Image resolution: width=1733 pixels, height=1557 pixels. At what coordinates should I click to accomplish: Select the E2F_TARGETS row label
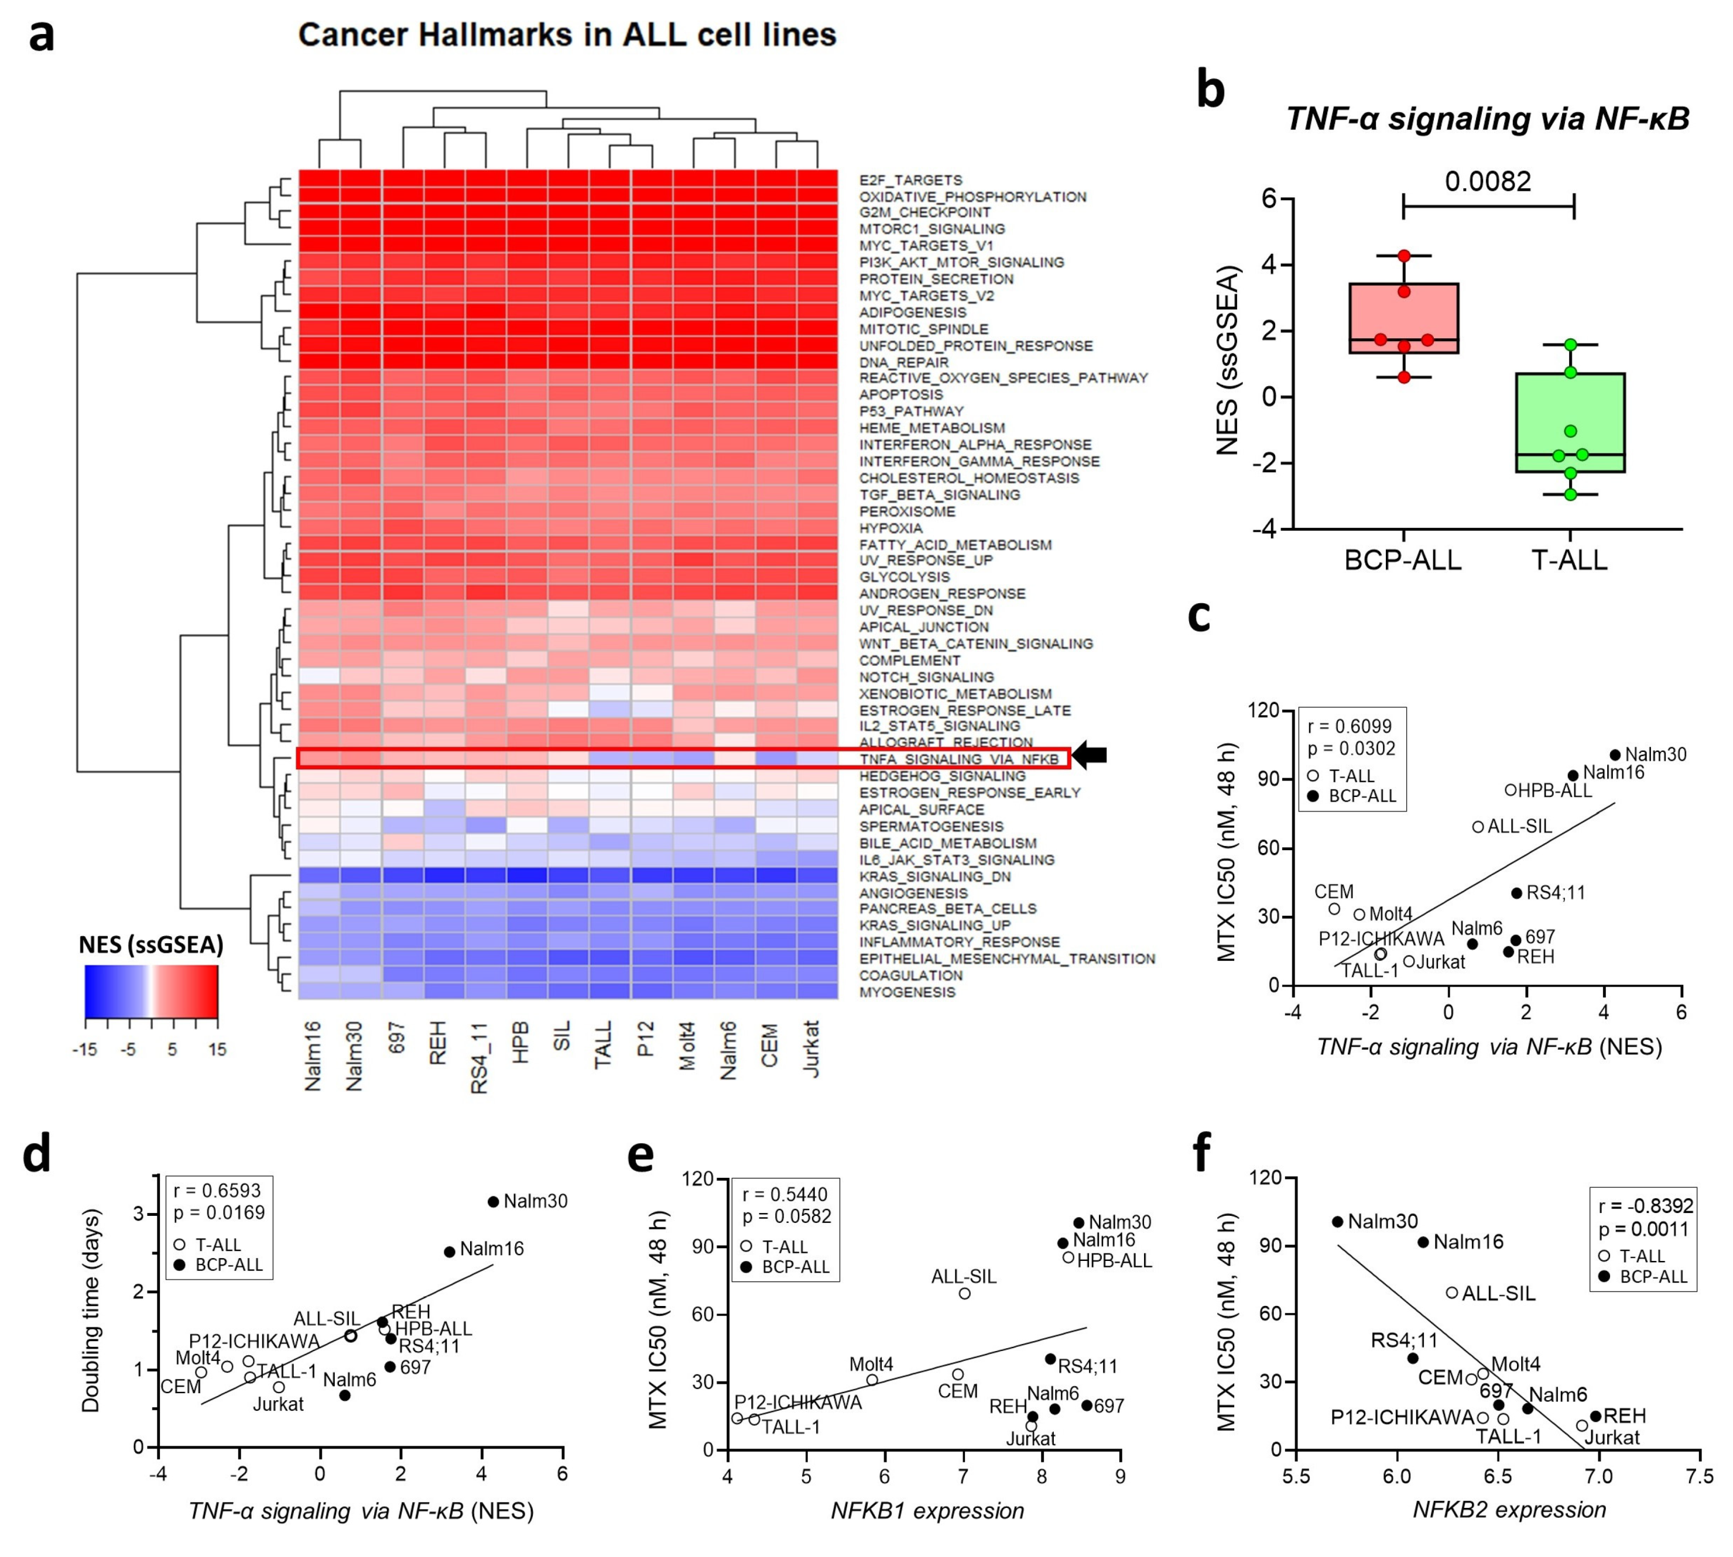coord(910,180)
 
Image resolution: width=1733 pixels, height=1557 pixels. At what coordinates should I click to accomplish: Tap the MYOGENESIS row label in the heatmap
coord(907,992)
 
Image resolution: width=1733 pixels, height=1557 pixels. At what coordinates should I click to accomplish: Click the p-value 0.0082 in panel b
coord(1487,181)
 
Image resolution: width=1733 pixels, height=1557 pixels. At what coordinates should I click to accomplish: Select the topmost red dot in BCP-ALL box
coord(1403,256)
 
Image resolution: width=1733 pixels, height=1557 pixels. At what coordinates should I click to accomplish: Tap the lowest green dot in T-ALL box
coord(1570,494)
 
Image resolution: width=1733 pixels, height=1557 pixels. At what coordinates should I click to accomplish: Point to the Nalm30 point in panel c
coord(1615,755)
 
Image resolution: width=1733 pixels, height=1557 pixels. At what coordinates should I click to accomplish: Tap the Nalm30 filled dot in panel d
coord(493,1202)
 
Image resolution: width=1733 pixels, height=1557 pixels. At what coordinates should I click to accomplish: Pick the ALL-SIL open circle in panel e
coord(964,1294)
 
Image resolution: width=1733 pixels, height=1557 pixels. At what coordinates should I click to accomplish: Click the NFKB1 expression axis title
coord(927,1511)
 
